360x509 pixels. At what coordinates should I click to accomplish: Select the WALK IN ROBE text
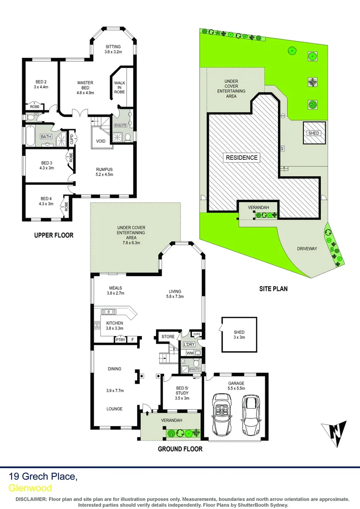[120, 87]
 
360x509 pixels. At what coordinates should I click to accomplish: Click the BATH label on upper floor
[46, 137]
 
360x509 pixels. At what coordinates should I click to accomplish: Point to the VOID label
[101, 141]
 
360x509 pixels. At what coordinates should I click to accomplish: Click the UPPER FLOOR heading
[54, 235]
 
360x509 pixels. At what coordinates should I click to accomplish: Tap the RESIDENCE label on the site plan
[242, 157]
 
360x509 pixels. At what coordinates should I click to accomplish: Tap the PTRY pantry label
[121, 339]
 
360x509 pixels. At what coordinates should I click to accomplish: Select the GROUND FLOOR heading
[180, 449]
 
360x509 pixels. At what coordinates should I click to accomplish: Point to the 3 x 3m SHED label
[239, 335]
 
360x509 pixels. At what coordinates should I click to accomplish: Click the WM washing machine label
[190, 353]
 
